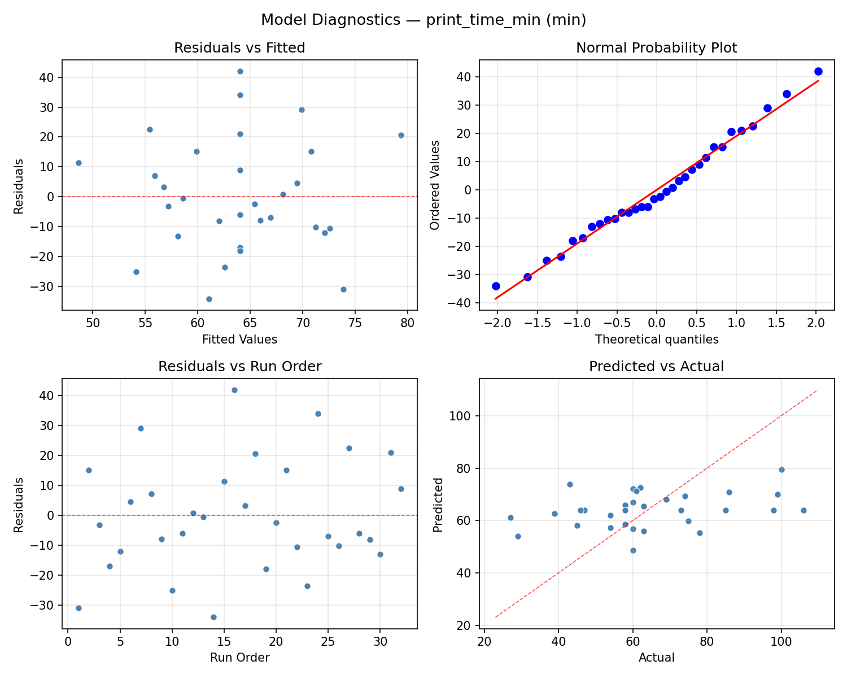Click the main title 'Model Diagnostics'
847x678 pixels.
pyautogui.click(x=423, y=20)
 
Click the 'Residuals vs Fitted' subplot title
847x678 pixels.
pyautogui.click(x=239, y=48)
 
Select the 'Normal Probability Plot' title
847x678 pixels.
pyautogui.click(x=656, y=48)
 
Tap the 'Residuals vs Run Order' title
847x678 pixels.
pyautogui.click(x=239, y=367)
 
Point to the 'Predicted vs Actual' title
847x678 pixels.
pyautogui.click(x=656, y=367)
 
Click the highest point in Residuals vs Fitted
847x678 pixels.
pyautogui.click(x=240, y=71)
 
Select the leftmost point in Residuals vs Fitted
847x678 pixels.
pyautogui.click(x=78, y=163)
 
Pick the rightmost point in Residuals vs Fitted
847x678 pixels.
pyautogui.click(x=401, y=135)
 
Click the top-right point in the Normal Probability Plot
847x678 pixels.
pyautogui.click(x=818, y=71)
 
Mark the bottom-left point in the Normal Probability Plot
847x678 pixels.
pyautogui.click(x=496, y=286)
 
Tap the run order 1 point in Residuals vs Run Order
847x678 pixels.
pyautogui.click(x=78, y=608)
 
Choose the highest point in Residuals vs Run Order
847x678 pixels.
pyautogui.click(x=234, y=390)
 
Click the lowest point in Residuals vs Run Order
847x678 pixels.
pyautogui.click(x=213, y=617)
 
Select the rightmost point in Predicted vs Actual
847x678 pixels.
pyautogui.click(x=804, y=510)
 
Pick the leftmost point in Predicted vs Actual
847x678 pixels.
pyautogui.click(x=510, y=518)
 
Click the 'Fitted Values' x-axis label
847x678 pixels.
pyautogui.click(x=239, y=340)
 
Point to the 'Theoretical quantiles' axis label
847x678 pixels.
pyautogui.click(x=656, y=340)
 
